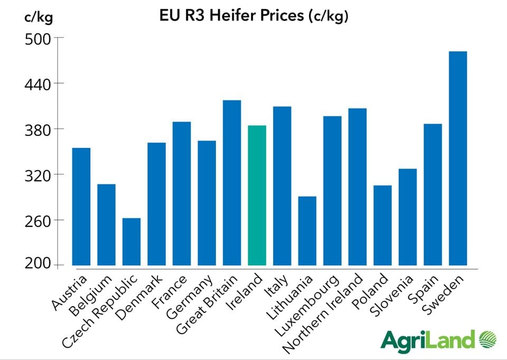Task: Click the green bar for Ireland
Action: pyautogui.click(x=257, y=195)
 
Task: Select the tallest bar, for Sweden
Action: pyautogui.click(x=457, y=158)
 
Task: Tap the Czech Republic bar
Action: pyautogui.click(x=132, y=241)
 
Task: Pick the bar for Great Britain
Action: pyautogui.click(x=232, y=182)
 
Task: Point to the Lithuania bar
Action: pyautogui.click(x=307, y=230)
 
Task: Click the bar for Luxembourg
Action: pyautogui.click(x=332, y=190)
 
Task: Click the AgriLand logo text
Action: pyautogui.click(x=428, y=339)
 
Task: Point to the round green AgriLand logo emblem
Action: pyautogui.click(x=492, y=339)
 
